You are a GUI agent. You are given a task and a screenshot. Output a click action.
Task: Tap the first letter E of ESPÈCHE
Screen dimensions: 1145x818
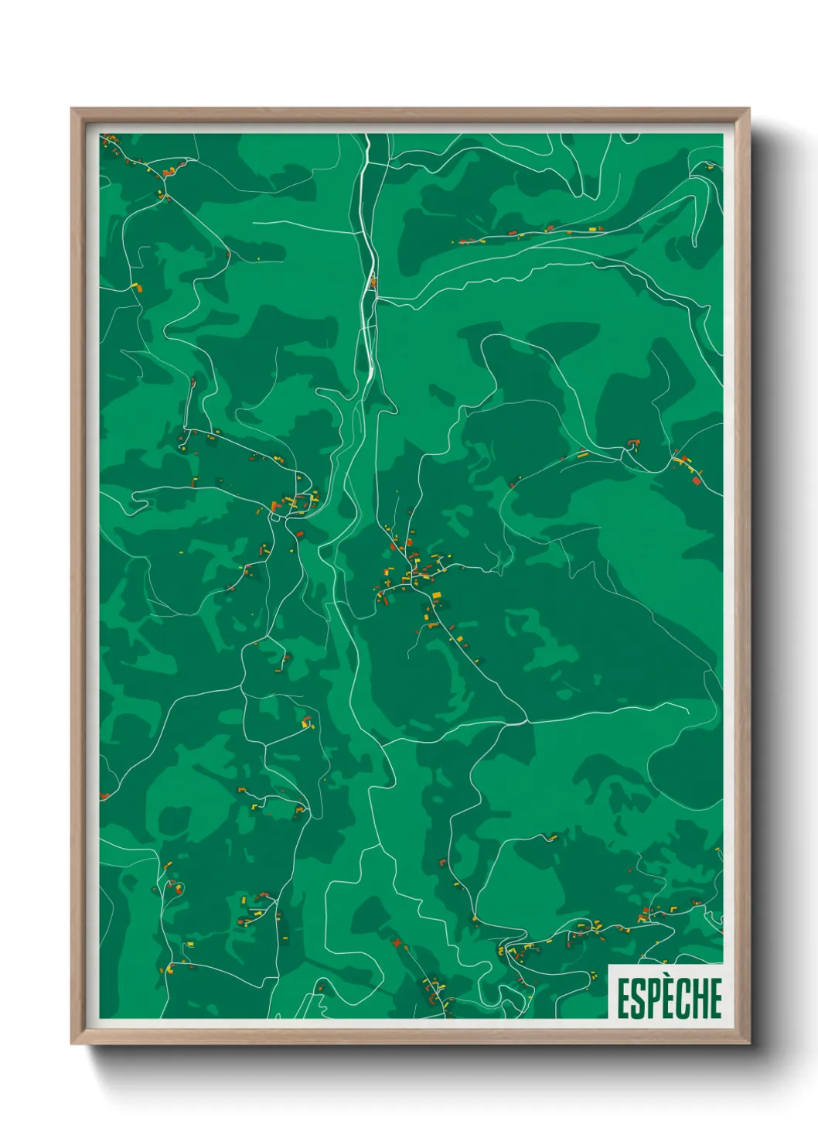click(x=622, y=998)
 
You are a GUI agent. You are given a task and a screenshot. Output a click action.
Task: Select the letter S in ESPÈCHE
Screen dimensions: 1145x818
click(x=636, y=998)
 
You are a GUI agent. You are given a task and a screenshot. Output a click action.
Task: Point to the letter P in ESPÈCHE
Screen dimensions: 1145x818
click(x=651, y=998)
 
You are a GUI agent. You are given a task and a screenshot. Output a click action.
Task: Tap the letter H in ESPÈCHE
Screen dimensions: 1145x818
click(x=698, y=998)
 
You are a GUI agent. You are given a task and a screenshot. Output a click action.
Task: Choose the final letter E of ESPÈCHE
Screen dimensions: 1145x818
click(x=715, y=998)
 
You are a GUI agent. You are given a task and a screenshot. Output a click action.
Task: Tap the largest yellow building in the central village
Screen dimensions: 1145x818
click(x=436, y=595)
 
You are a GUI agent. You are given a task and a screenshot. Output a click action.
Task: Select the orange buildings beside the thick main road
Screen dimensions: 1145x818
click(x=373, y=282)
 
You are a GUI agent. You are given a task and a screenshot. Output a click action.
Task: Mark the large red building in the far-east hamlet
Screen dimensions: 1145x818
click(x=696, y=480)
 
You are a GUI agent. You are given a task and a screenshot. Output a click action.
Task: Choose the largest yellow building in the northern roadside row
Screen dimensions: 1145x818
click(x=593, y=229)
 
